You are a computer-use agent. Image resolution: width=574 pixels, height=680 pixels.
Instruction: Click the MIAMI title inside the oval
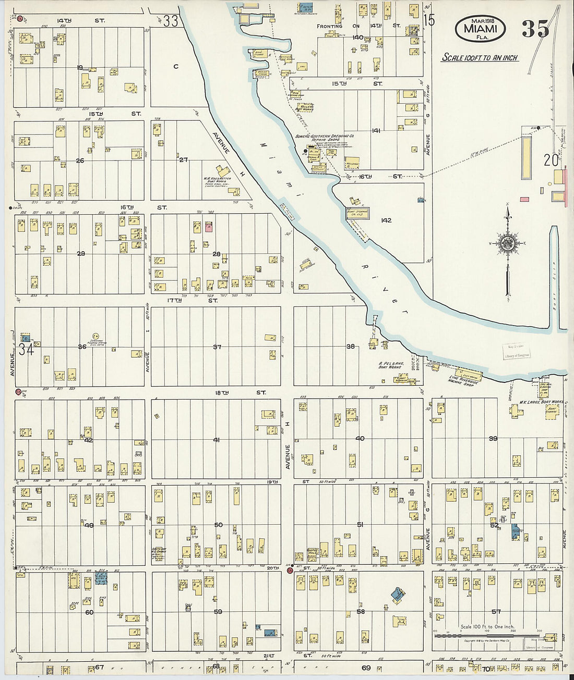(x=480, y=29)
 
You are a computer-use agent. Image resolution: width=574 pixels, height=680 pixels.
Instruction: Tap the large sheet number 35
(x=535, y=29)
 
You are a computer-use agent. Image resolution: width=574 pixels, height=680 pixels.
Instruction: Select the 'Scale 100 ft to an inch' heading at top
(x=480, y=58)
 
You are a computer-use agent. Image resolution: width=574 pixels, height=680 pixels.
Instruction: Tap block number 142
(x=386, y=220)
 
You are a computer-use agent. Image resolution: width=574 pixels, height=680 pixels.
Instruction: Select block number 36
(x=82, y=347)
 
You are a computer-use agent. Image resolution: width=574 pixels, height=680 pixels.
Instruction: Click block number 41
(x=216, y=440)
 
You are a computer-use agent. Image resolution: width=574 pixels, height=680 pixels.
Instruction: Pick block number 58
(x=360, y=611)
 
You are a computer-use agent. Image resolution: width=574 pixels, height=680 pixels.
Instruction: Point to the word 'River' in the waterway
(x=384, y=287)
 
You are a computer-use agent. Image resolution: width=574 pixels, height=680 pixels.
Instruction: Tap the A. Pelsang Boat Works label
(x=391, y=365)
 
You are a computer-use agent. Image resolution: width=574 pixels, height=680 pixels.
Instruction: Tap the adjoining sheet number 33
(x=170, y=21)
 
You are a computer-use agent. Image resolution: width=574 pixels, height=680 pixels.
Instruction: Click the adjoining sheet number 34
(x=26, y=349)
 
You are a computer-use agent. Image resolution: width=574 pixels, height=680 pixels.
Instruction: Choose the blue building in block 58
(x=398, y=595)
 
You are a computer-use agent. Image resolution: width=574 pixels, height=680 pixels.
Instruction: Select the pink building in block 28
(x=209, y=227)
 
